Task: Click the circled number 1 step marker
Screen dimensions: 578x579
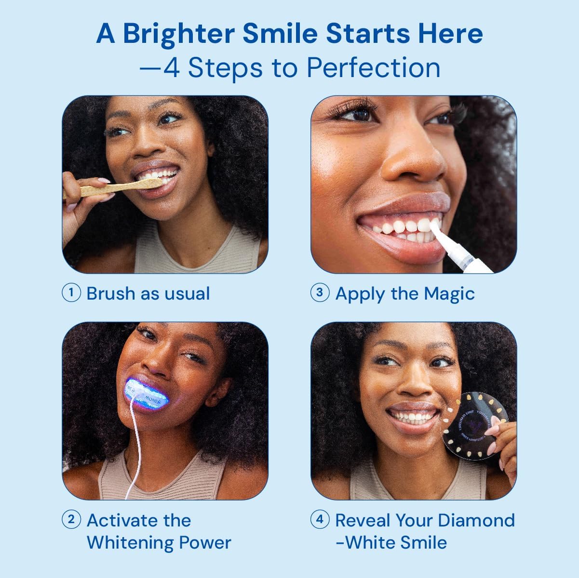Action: point(71,293)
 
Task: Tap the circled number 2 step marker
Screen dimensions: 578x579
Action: point(71,520)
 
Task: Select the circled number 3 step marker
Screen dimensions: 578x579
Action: point(320,293)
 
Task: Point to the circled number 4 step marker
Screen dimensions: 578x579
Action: point(320,520)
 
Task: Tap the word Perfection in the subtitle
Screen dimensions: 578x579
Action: point(374,67)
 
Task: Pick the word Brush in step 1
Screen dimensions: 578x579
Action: point(110,293)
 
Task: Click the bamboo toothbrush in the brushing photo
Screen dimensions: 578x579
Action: point(116,188)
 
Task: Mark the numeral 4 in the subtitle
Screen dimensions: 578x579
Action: point(172,67)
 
